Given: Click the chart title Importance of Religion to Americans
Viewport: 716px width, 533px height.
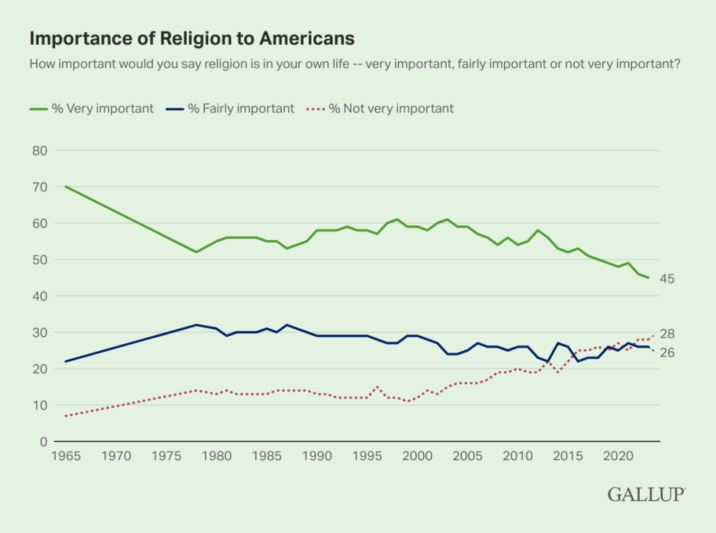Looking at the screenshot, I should click(x=192, y=37).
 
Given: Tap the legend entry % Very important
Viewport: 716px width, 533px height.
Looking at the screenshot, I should click(x=102, y=108).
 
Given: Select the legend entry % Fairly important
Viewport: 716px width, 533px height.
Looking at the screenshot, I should click(x=241, y=108).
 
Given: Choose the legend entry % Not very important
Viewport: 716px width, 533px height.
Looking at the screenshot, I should click(x=392, y=108).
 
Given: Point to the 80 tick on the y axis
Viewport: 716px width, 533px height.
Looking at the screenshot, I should click(x=39, y=150).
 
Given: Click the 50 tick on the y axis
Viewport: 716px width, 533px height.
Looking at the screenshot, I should click(x=39, y=260).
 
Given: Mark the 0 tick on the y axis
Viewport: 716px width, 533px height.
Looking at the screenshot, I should click(x=43, y=441).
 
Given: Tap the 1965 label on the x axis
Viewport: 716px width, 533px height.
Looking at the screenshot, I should click(x=66, y=457).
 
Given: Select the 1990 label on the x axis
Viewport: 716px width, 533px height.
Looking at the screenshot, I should click(x=317, y=457).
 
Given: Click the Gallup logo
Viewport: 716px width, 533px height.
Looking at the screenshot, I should click(x=647, y=495).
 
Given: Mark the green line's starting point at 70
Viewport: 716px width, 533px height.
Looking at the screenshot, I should click(x=66, y=187).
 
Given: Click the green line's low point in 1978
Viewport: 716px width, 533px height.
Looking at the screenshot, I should click(x=196, y=252).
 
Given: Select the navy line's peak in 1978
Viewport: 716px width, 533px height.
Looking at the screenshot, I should click(x=196, y=325).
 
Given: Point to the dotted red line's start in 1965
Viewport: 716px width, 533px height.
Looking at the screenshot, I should click(x=66, y=415).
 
